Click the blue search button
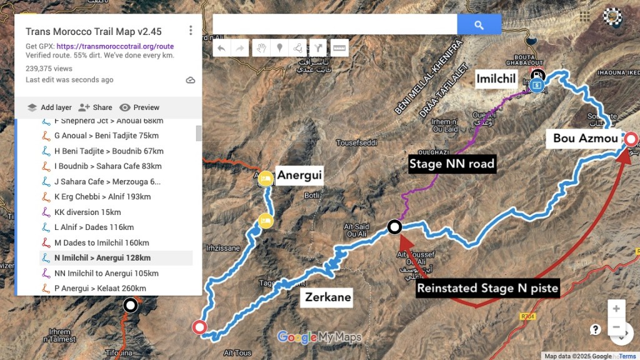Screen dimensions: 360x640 (x=479, y=25)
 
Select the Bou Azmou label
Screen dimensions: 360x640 (x=585, y=138)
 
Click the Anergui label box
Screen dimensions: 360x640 (x=299, y=175)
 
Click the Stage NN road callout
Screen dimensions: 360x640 (x=451, y=164)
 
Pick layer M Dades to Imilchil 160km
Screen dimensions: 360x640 (x=101, y=242)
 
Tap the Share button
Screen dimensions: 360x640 (x=96, y=107)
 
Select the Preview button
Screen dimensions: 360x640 (x=139, y=107)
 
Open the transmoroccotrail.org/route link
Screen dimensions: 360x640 (x=115, y=46)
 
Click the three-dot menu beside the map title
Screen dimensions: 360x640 (x=191, y=31)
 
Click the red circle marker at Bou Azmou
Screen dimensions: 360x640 (x=631, y=139)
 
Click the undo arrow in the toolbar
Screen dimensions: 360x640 (x=221, y=48)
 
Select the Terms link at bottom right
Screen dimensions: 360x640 (x=627, y=356)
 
